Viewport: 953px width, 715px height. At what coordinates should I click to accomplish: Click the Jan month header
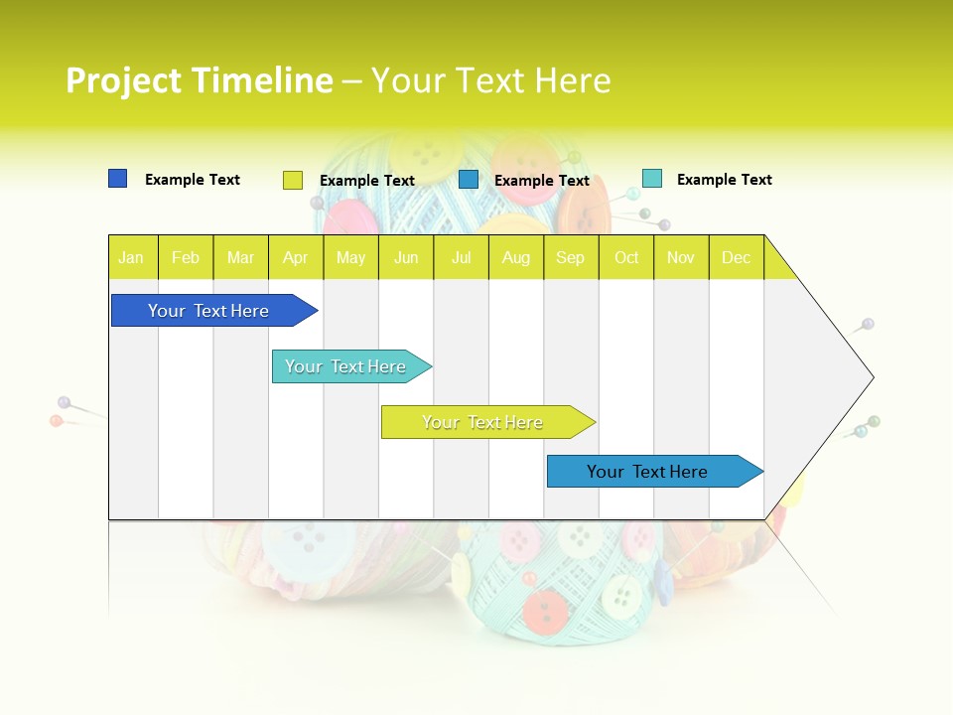(132, 257)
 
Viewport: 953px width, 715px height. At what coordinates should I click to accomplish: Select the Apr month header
(296, 257)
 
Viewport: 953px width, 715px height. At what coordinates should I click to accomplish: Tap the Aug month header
(515, 257)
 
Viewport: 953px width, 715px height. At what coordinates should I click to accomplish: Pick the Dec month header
(736, 257)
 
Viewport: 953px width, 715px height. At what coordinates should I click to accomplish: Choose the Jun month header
(406, 257)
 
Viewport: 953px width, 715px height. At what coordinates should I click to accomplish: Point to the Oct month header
(626, 257)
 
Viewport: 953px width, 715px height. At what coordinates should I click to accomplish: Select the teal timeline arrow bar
(347, 366)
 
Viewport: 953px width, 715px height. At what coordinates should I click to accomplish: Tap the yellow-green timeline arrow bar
(484, 422)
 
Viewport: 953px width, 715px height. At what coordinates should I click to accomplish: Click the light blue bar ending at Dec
(650, 472)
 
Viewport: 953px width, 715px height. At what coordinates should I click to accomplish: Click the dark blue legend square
(117, 179)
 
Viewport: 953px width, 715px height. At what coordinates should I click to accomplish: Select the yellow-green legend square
(292, 180)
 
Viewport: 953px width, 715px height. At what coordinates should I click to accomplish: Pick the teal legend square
(651, 179)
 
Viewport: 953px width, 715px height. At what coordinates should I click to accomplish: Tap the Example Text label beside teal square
(724, 180)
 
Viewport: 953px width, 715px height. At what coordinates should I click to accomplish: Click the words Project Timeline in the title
(200, 80)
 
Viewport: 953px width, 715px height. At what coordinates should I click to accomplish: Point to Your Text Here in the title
(491, 80)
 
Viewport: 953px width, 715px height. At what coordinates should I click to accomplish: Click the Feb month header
(186, 257)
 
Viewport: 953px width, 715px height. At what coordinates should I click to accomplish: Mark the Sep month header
(571, 257)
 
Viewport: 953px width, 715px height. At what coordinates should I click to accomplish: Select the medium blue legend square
(469, 180)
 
